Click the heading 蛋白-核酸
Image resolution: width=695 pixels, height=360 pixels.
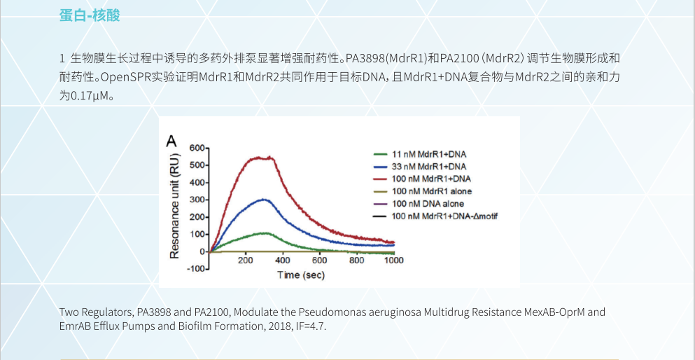pyautogui.click(x=90, y=15)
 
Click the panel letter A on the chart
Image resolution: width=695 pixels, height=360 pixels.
pyautogui.click(x=171, y=141)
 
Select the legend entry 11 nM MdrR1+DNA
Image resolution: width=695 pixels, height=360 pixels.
pyautogui.click(x=428, y=153)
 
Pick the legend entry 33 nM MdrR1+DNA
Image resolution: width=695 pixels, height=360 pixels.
pyautogui.click(x=428, y=166)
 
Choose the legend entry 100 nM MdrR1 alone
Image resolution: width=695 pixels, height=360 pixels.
pyautogui.click(x=431, y=191)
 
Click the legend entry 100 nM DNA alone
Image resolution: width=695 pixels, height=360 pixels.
pyautogui.click(x=428, y=204)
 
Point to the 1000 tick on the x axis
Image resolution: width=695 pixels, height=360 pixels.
pyautogui.click(x=394, y=261)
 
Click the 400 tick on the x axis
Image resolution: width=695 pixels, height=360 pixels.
pyautogui.click(x=283, y=261)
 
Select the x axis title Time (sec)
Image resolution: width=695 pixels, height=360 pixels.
pyautogui.click(x=301, y=275)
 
